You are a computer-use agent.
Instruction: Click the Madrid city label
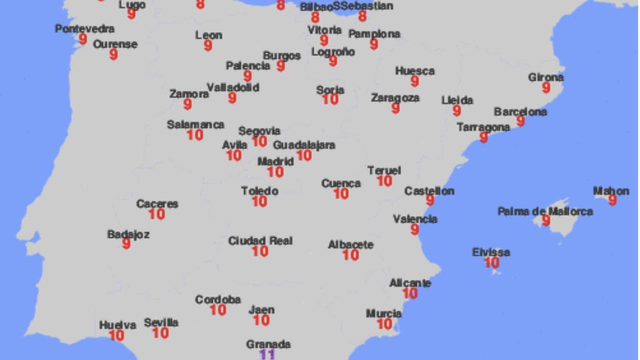[276, 161]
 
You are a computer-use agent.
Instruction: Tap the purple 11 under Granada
[267, 354]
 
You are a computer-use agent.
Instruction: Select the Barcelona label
[520, 112]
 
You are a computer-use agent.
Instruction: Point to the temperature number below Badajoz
[126, 244]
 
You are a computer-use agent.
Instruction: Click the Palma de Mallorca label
[545, 211]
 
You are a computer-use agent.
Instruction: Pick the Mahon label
[611, 191]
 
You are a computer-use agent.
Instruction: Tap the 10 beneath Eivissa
[491, 263]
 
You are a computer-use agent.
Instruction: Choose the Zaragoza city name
[395, 98]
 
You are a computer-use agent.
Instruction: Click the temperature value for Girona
[546, 88]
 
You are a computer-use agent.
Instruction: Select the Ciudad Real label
[260, 241]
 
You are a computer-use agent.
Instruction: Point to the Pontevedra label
[84, 29]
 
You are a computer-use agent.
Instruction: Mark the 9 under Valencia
[415, 229]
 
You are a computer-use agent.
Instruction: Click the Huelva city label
[117, 325]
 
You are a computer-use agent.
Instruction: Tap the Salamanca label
[195, 124]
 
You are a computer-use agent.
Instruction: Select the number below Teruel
[384, 181]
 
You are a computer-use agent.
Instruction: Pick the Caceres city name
[157, 204]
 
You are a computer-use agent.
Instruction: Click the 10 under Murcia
[384, 324]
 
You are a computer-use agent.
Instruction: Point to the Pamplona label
[374, 34]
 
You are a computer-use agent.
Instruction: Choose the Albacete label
[351, 245]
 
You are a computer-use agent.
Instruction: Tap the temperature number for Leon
[208, 46]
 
